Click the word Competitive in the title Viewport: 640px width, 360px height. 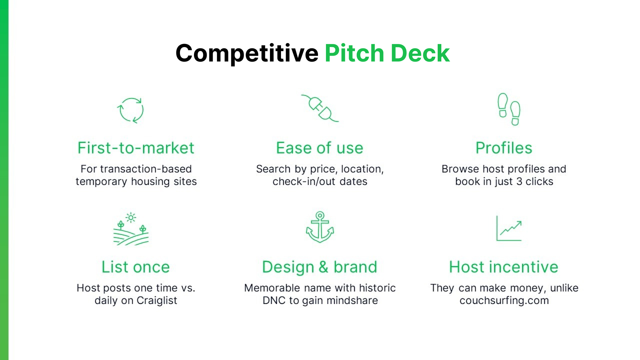tap(247, 53)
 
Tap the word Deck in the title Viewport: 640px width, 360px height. tap(420, 53)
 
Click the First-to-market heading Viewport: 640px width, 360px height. tap(136, 148)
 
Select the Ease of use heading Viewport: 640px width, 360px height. tap(320, 148)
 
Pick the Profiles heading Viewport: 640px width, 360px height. tap(504, 148)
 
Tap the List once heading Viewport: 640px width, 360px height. tap(136, 267)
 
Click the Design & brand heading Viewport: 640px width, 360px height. tap(320, 267)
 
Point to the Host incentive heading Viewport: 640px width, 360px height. tap(504, 267)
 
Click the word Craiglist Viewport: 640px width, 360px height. tap(157, 300)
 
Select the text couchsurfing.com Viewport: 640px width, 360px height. tap(504, 300)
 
